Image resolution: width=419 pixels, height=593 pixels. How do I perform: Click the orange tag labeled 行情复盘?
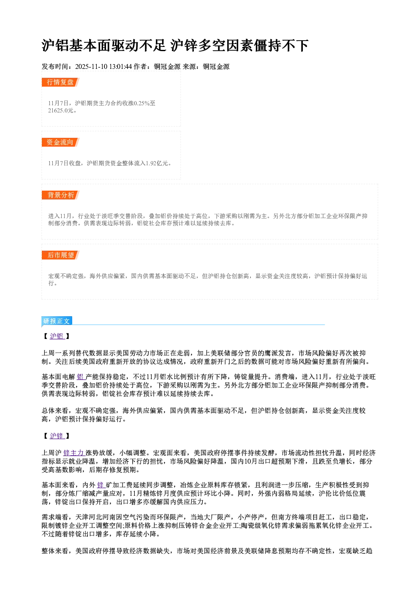[x=60, y=82]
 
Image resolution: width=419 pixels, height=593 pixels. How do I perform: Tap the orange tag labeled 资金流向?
[x=60, y=142]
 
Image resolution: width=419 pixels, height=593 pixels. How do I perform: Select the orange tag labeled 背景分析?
[x=60, y=195]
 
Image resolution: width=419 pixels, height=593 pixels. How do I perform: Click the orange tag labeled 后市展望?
[x=60, y=255]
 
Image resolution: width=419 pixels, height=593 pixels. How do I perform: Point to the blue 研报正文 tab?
[x=57, y=321]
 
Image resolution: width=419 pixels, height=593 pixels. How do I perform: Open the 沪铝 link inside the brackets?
[x=57, y=336]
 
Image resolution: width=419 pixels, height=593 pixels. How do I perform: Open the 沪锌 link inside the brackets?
[x=57, y=436]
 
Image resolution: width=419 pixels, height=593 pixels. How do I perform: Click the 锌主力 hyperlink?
[x=73, y=453]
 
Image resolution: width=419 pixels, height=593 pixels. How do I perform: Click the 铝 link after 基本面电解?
[x=80, y=377]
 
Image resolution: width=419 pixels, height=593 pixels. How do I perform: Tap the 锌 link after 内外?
[x=101, y=485]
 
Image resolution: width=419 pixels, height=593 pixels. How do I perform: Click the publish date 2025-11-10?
[x=91, y=66]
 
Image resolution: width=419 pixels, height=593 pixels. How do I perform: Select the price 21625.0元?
[x=60, y=110]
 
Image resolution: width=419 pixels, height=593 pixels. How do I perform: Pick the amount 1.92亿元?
[x=157, y=163]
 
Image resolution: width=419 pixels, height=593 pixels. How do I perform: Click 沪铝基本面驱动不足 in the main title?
[x=103, y=45]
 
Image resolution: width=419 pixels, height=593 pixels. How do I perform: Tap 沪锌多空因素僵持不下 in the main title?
[x=239, y=45]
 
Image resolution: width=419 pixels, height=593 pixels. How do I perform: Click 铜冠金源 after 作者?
[x=167, y=66]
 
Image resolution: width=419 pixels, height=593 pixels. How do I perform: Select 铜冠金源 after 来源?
[x=216, y=66]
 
